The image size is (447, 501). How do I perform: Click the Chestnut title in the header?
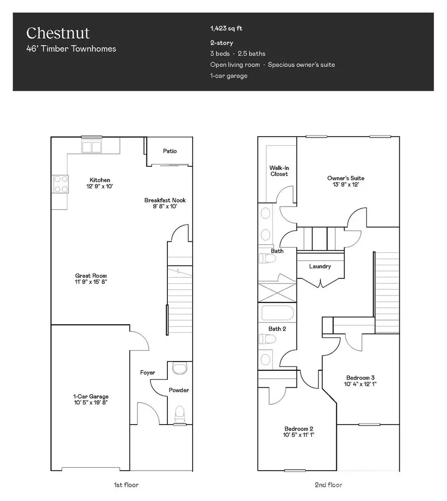tap(58, 33)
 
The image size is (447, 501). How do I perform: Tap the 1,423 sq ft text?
tap(226, 29)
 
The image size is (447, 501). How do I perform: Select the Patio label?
tap(170, 151)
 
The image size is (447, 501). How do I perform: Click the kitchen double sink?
tap(92, 147)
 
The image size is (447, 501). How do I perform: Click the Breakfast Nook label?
tap(165, 200)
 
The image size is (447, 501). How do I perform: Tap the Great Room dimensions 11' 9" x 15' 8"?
tap(91, 282)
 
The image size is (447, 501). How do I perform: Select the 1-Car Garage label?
tap(91, 396)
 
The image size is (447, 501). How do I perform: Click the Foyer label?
tap(148, 372)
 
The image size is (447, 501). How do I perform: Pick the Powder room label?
tap(178, 390)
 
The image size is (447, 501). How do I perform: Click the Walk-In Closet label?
tap(279, 171)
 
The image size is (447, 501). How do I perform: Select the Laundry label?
tap(320, 267)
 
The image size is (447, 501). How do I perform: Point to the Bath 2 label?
tap(277, 329)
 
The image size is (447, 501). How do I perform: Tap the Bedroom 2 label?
tap(298, 429)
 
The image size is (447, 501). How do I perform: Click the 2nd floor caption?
tap(328, 485)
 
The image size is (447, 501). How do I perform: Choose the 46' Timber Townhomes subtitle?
tap(71, 49)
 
